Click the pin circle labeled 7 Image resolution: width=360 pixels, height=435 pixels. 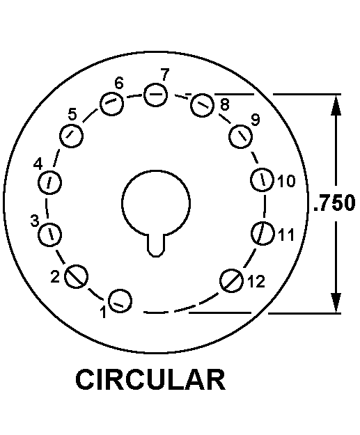coord(155,95)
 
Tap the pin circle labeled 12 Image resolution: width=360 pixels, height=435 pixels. coord(231,280)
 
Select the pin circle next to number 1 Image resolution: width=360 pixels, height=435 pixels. coord(120,301)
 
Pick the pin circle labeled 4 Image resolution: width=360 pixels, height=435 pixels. coord(49,182)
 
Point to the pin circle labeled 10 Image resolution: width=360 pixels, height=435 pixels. coord(263,180)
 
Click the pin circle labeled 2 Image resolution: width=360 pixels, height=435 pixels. coord(77,276)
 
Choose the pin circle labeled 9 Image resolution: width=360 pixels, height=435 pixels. coord(241,136)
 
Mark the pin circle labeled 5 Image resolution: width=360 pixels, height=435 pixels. coord(71,136)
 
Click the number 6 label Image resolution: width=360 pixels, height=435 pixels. coord(119,84)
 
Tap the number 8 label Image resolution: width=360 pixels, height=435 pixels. coord(225,104)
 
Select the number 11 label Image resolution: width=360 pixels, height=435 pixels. coord(286,235)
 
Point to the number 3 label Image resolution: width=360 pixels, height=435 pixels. coord(35,221)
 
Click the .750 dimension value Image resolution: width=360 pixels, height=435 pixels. coord(334,203)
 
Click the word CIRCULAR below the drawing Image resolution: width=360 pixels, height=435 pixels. coord(150,379)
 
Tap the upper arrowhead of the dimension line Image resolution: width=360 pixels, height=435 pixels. coord(336,104)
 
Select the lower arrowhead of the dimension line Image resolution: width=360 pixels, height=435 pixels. coord(336,303)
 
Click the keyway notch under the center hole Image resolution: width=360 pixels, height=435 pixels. coord(156,245)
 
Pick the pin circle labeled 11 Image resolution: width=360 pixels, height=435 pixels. coord(263,233)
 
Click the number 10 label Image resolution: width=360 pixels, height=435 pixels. coord(287,181)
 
